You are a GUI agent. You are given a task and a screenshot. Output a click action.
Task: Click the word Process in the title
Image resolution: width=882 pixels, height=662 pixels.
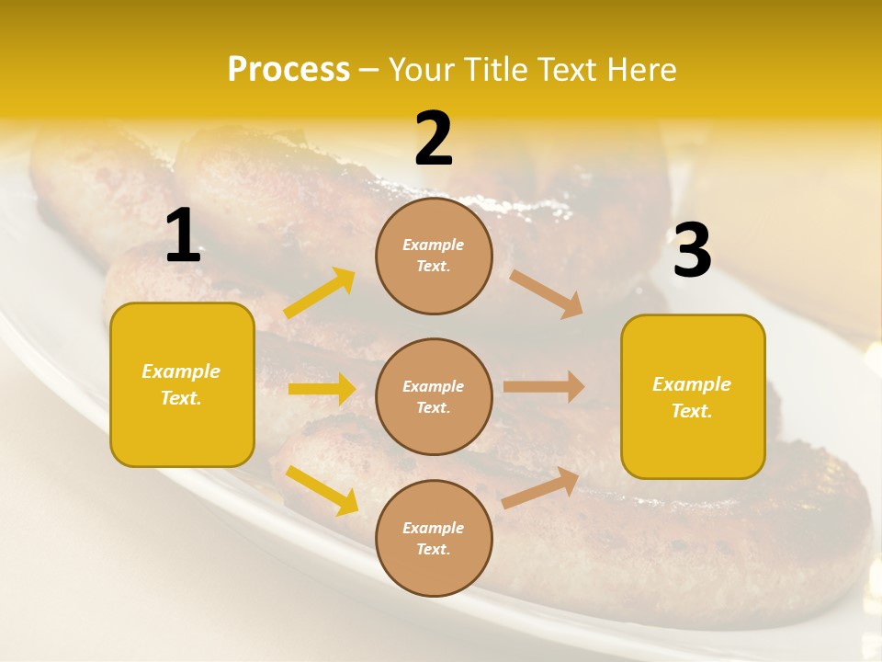288,70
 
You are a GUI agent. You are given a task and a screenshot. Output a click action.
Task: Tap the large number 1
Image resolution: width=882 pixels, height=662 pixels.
183,236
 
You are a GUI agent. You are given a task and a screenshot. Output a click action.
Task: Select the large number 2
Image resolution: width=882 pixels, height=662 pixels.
434,140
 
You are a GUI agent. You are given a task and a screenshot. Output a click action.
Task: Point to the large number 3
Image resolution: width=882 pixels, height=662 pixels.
693,251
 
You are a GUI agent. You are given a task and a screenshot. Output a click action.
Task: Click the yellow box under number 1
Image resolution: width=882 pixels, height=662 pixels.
182,384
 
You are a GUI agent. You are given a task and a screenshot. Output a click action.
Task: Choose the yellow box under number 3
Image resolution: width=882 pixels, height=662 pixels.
693,396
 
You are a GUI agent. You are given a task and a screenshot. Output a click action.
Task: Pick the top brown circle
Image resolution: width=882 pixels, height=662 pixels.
434,256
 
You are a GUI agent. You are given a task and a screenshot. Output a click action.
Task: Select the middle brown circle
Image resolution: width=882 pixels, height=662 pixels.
434,396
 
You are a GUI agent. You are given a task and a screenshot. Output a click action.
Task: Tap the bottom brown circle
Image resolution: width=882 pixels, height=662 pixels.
434,538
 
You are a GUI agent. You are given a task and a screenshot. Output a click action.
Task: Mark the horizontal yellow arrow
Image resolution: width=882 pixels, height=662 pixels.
322,389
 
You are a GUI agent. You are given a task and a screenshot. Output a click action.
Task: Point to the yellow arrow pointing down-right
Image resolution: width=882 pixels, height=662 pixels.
322,490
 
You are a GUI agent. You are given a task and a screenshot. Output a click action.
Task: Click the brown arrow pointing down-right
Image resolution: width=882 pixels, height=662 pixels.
547,294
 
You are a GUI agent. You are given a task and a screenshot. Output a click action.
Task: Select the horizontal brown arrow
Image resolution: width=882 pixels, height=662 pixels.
544,386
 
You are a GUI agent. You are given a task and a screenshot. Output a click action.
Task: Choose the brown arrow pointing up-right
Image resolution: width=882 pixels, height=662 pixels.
541,488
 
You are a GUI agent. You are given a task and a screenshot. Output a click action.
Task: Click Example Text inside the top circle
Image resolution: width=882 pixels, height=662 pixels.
434,256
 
